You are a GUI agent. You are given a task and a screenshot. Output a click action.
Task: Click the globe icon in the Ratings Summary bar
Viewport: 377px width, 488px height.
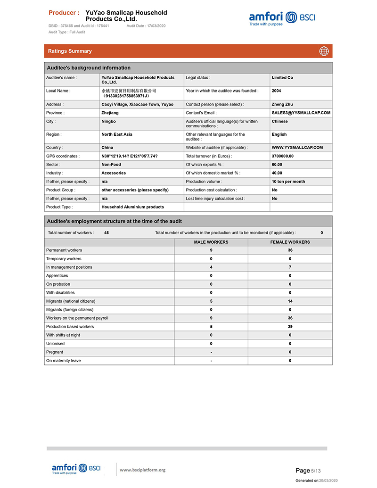(x=324, y=51)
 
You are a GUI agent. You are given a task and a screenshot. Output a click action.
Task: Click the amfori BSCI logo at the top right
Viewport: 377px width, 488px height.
(x=282, y=18)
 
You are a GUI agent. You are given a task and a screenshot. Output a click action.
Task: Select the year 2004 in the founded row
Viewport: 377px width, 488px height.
(x=277, y=91)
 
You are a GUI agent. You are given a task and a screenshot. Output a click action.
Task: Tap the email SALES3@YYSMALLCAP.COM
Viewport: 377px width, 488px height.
(x=301, y=113)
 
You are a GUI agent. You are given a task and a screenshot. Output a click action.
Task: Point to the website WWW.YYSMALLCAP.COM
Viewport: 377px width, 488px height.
(x=297, y=148)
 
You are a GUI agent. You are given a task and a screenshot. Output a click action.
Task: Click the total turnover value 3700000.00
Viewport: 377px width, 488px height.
(x=283, y=156)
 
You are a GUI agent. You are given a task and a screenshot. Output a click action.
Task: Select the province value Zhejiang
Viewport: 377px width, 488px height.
(x=110, y=113)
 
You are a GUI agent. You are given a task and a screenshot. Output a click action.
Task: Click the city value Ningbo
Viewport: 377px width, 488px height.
(x=108, y=121)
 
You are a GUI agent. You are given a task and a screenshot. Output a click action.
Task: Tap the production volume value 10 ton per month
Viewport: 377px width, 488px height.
(x=288, y=182)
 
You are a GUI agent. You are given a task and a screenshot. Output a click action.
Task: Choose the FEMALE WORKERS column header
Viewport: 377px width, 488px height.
(x=290, y=242)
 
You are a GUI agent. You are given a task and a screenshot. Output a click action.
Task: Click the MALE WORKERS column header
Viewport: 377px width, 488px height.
(x=211, y=242)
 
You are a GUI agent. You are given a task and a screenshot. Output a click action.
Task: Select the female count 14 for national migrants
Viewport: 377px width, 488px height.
(x=290, y=301)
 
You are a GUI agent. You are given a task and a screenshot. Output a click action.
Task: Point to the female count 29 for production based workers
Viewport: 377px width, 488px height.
(x=290, y=327)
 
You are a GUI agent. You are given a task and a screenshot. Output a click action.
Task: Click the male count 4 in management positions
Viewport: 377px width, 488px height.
(x=211, y=267)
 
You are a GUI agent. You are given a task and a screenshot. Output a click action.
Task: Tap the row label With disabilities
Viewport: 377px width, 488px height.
(x=60, y=293)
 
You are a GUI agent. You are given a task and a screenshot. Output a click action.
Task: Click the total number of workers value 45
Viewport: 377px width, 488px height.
(x=107, y=232)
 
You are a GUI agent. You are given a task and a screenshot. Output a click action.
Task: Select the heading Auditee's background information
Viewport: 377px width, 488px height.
(x=89, y=68)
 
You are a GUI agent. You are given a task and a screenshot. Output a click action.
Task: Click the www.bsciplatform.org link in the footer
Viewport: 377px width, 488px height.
(x=143, y=470)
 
